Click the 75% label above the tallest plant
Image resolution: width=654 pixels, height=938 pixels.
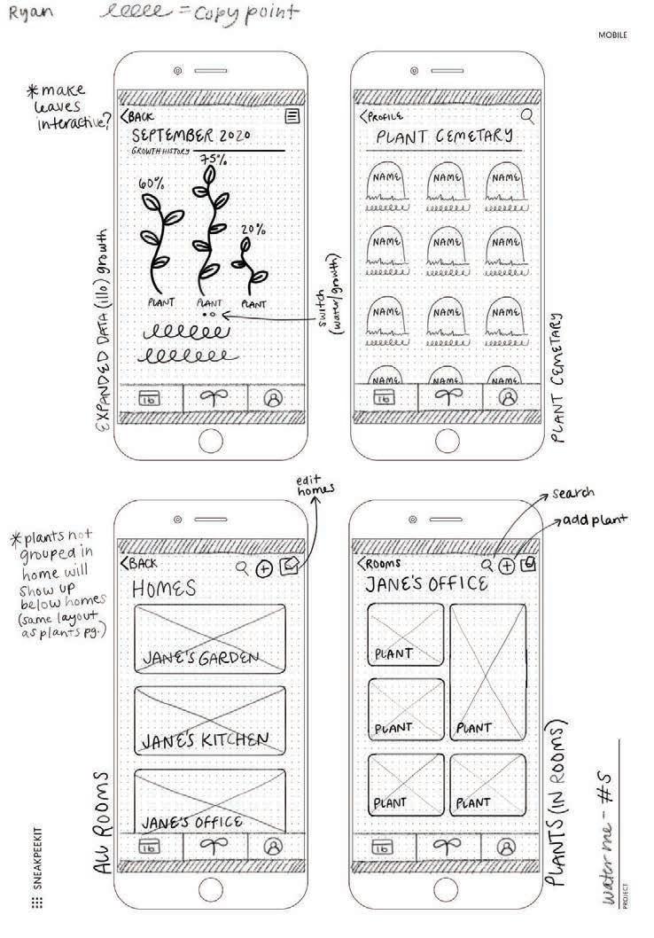(213, 160)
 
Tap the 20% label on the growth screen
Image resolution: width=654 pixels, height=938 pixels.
(254, 229)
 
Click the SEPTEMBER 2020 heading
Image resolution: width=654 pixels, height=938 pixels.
(192, 137)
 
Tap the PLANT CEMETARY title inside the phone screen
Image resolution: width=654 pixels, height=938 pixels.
(444, 136)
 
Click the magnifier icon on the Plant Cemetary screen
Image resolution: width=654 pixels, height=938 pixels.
(527, 115)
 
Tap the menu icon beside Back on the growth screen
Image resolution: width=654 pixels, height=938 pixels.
(292, 116)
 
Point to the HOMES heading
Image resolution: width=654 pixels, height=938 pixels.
(165, 589)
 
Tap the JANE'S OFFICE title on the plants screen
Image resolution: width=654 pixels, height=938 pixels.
(426, 584)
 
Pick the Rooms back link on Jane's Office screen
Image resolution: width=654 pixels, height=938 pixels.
(379, 563)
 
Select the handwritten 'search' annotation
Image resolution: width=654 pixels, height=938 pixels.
(572, 492)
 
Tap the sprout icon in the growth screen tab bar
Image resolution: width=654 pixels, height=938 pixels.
(214, 398)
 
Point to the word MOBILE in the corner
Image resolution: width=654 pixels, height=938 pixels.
(612, 35)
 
